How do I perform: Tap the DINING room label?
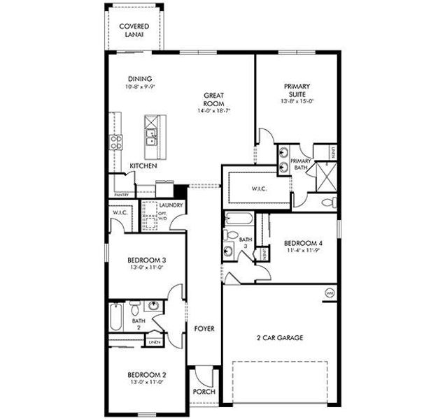click(x=140, y=79)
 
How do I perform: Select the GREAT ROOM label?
click(x=213, y=99)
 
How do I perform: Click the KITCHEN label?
click(x=143, y=166)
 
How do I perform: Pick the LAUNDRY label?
click(x=171, y=205)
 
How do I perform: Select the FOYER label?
click(x=204, y=328)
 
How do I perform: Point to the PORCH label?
click(x=204, y=392)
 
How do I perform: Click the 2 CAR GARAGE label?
click(x=280, y=337)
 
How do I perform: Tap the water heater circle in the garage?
click(x=329, y=293)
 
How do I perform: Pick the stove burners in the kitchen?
click(x=116, y=142)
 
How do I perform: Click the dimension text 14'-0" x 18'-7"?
click(x=213, y=110)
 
